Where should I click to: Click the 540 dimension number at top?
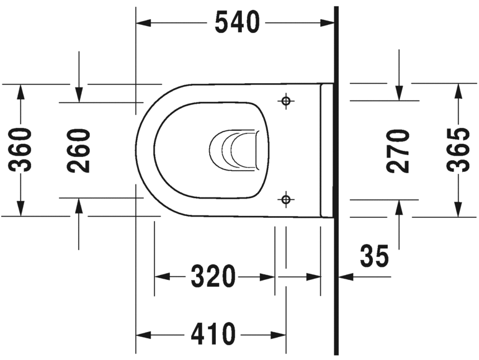pyautogui.click(x=236, y=23)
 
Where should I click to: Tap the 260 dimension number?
pyautogui.click(x=79, y=150)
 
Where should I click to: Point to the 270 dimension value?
pyautogui.click(x=398, y=150)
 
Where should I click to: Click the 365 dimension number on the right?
pyautogui.click(x=459, y=150)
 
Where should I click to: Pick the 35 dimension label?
pyautogui.click(x=375, y=256)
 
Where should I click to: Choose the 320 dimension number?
pyautogui.click(x=213, y=276)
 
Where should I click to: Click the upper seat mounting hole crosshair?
pyautogui.click(x=285, y=101)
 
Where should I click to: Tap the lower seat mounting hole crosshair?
pyautogui.click(x=285, y=199)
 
